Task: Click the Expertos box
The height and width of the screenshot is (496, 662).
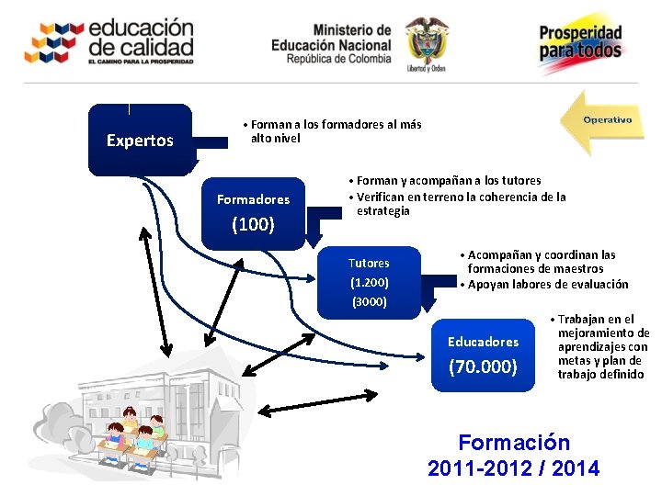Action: [140, 141]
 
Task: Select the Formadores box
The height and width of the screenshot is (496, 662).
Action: [253, 211]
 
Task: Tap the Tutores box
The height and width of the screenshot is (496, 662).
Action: [369, 281]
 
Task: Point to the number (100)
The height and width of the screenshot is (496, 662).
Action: [253, 223]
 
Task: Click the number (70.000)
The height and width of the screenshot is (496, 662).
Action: [483, 366]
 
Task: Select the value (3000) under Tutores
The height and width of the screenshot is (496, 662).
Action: [369, 301]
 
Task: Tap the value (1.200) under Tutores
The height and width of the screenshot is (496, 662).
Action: [369, 283]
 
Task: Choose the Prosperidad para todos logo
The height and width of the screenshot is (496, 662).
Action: [580, 41]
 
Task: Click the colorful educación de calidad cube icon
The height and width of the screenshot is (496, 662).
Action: [52, 42]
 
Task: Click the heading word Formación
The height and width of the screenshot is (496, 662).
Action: [513, 443]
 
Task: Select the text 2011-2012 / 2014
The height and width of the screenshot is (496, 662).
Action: [513, 468]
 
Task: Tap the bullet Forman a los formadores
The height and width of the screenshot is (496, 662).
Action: [332, 131]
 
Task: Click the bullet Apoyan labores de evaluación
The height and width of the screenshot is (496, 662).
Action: [544, 284]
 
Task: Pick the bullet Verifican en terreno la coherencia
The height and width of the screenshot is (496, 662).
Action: [457, 203]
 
